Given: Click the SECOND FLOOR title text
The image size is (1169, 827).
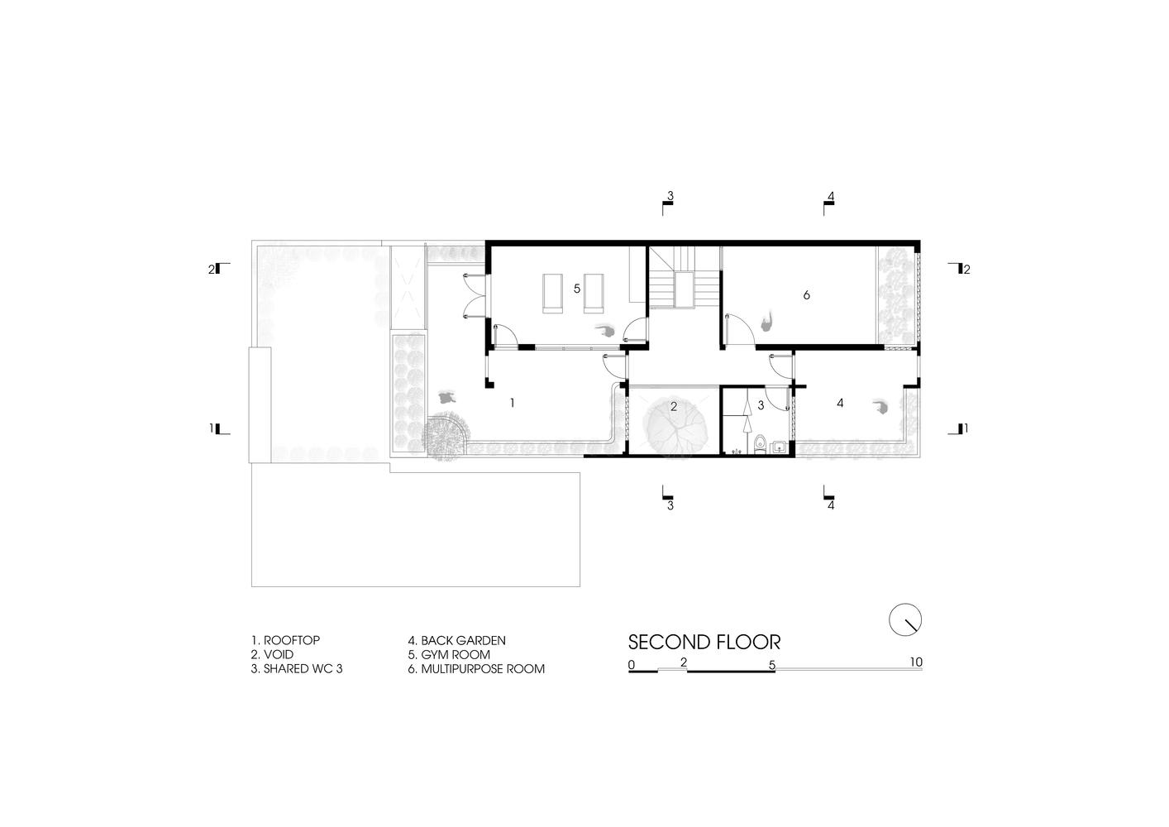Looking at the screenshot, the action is tap(704, 643).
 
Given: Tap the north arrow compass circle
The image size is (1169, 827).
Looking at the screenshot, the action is tap(905, 619).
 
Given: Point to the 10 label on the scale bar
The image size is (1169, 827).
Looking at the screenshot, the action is tap(916, 662).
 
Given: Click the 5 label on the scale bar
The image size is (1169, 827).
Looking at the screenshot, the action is tap(772, 665).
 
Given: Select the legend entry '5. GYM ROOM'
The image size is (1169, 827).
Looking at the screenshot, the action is tap(449, 654).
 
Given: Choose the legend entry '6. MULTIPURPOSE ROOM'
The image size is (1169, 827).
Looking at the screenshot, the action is tap(476, 669).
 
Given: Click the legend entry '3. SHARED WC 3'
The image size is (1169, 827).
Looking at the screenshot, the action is tap(297, 669).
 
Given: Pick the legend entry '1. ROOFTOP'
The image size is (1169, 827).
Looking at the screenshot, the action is tap(285, 640).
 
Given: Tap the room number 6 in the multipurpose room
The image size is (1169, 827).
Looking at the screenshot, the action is tap(806, 295).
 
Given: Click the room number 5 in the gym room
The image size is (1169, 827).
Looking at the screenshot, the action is tap(577, 288).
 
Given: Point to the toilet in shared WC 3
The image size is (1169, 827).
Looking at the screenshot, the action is tap(760, 444).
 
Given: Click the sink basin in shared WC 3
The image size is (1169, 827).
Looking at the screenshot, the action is tap(780, 447).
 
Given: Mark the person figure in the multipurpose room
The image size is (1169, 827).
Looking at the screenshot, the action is tap(766, 322).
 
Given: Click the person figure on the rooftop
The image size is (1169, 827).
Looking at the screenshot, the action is tap(446, 398).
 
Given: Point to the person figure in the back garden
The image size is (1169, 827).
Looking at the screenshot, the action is tap(880, 407).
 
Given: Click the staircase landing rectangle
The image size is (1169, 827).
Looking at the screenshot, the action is tap(685, 289).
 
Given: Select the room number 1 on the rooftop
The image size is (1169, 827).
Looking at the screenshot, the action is tap(513, 403).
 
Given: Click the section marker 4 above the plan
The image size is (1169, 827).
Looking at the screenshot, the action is tap(828, 203).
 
